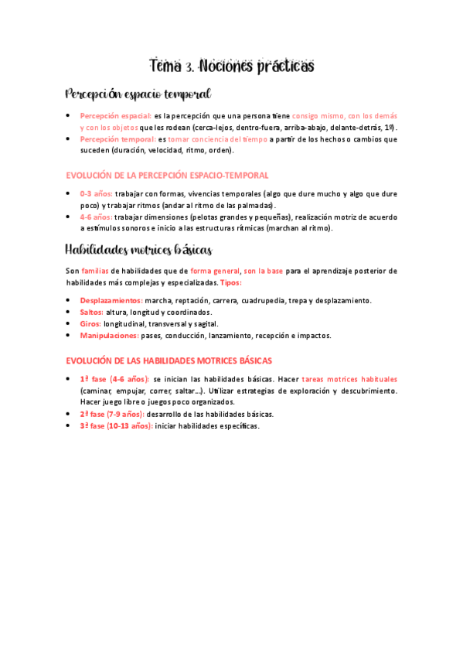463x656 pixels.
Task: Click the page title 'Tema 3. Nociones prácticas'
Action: click(x=231, y=67)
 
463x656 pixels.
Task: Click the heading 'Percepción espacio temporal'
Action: click(x=138, y=94)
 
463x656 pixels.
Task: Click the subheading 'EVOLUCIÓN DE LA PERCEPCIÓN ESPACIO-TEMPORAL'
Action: click(x=167, y=176)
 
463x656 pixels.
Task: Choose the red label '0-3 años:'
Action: click(x=96, y=194)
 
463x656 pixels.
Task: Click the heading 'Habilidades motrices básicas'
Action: click(x=138, y=249)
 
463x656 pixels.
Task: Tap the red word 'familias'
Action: click(x=95, y=271)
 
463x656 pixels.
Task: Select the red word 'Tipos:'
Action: click(x=230, y=283)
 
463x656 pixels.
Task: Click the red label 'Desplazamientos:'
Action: click(x=111, y=300)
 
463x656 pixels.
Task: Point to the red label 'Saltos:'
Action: click(x=91, y=312)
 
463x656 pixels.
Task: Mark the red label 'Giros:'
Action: click(x=90, y=323)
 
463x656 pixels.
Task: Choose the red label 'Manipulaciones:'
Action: click(x=109, y=336)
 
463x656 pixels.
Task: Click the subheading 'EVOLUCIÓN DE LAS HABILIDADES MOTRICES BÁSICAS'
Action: click(x=169, y=360)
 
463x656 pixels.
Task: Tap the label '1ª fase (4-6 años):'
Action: click(x=114, y=379)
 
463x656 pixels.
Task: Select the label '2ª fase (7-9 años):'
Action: click(x=111, y=414)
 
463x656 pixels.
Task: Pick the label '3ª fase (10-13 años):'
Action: click(x=115, y=426)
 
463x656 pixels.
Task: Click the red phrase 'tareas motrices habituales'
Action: click(x=349, y=379)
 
